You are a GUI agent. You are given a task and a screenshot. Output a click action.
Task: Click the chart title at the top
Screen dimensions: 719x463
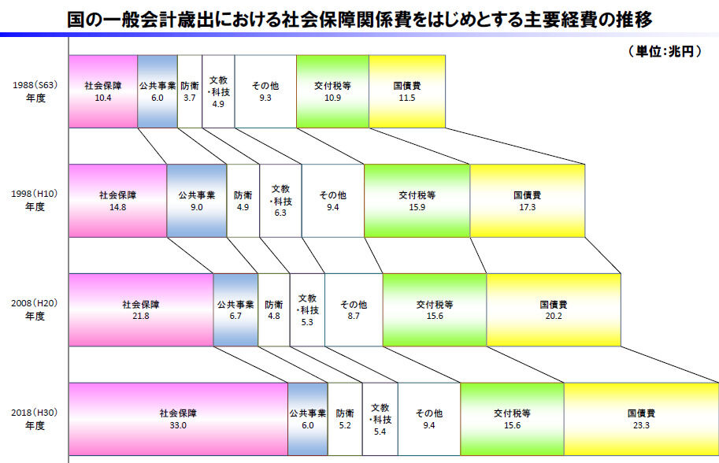click(359, 20)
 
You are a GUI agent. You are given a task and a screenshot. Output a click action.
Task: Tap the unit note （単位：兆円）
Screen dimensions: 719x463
click(665, 51)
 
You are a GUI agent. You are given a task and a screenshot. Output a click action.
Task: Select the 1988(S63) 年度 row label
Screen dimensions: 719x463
click(35, 91)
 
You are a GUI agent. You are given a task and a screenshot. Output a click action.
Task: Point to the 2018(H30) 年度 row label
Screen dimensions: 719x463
click(35, 419)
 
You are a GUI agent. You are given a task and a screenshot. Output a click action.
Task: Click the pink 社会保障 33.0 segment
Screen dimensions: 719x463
click(179, 419)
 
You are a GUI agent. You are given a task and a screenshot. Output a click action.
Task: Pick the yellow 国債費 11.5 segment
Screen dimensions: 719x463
click(407, 91)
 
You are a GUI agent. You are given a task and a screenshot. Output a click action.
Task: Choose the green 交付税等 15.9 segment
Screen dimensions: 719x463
click(417, 201)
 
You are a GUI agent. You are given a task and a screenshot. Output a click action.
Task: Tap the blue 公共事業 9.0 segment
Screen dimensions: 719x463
click(197, 201)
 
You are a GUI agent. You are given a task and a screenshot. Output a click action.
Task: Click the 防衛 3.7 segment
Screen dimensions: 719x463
click(190, 91)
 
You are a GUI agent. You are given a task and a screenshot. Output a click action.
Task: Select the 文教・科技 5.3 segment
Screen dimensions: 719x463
click(307, 310)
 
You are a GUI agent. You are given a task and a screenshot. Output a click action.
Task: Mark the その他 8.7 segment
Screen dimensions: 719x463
click(354, 310)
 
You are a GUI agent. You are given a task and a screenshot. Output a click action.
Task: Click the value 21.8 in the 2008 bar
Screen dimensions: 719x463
click(141, 316)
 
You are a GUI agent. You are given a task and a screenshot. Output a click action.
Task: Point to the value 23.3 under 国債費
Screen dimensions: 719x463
click(642, 425)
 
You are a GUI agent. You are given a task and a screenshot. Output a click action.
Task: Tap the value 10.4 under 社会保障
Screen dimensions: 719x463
click(103, 98)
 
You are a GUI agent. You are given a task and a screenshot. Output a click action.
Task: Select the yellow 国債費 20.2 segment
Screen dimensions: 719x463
click(554, 310)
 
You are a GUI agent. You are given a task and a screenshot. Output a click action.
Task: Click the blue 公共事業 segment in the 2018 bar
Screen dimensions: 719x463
click(308, 419)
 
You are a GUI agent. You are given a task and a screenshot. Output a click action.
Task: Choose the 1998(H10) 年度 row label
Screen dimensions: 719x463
click(35, 200)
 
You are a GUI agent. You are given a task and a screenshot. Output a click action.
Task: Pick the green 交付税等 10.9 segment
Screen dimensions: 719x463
click(333, 91)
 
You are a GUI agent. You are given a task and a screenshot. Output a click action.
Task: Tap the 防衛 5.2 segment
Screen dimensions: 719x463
click(345, 419)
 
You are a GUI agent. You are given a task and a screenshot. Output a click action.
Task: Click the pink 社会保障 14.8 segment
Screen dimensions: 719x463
click(118, 201)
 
